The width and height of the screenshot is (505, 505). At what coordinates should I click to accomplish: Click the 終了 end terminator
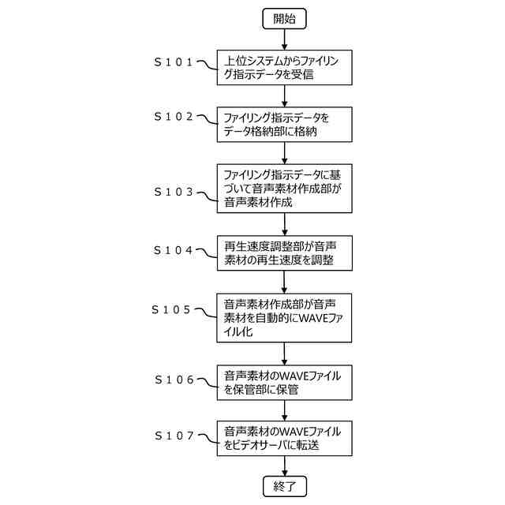click(284, 485)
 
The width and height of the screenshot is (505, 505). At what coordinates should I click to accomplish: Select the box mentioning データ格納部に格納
click(284, 125)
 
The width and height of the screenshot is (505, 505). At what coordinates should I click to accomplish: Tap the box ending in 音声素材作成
click(284, 187)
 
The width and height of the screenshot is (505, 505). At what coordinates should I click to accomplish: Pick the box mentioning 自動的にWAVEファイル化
click(284, 317)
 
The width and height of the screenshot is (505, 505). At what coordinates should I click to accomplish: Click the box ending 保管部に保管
click(284, 383)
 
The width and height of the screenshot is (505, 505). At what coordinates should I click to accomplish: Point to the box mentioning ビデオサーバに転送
click(284, 439)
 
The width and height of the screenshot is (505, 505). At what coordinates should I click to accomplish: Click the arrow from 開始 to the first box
click(284, 39)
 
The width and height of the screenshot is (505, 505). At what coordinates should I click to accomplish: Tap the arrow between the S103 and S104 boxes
click(284, 223)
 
